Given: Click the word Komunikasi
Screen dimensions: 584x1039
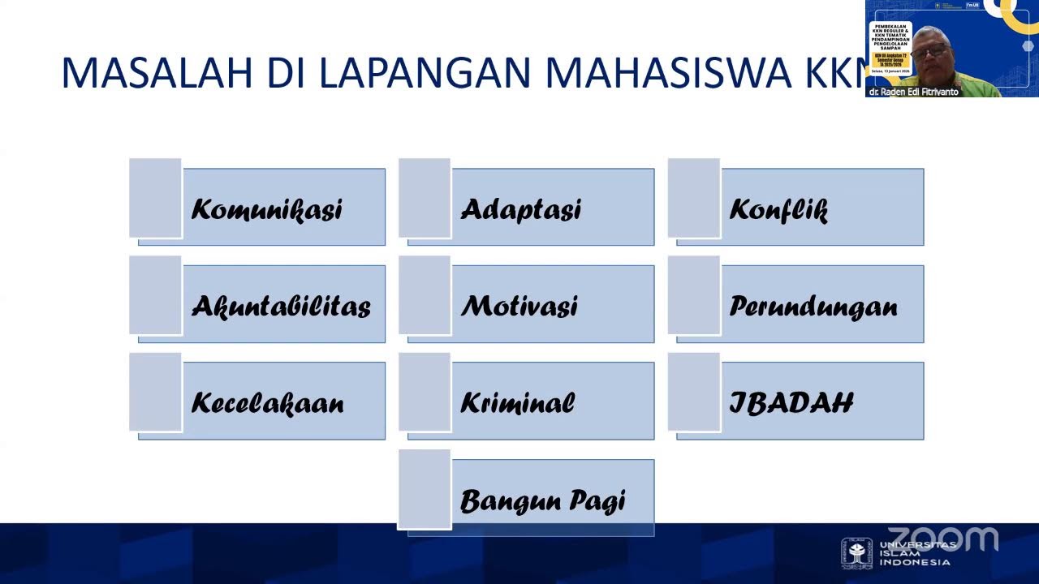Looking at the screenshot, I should click(x=267, y=209).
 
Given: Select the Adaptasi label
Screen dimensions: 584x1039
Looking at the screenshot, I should click(x=521, y=209).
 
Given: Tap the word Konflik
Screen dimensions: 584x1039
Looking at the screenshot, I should click(x=778, y=210).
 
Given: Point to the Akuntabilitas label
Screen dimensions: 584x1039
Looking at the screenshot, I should click(x=281, y=307).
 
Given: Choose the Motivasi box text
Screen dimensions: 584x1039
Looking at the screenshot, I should click(x=519, y=307).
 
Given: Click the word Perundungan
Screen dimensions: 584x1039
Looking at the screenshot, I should click(x=813, y=307).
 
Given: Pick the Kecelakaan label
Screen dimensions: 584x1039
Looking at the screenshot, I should click(x=268, y=403).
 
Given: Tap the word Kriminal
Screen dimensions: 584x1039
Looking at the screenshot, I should click(x=518, y=403).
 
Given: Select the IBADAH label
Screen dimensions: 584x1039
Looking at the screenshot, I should click(x=791, y=403).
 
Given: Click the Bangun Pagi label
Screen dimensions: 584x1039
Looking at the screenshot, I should click(x=543, y=500).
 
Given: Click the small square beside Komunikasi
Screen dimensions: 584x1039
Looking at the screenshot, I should click(x=155, y=198).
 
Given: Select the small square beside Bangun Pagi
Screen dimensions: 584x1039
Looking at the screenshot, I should click(x=425, y=489).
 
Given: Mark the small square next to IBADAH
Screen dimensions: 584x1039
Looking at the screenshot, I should click(x=694, y=392).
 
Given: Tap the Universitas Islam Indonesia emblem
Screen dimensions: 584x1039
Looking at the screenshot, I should click(x=856, y=552).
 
